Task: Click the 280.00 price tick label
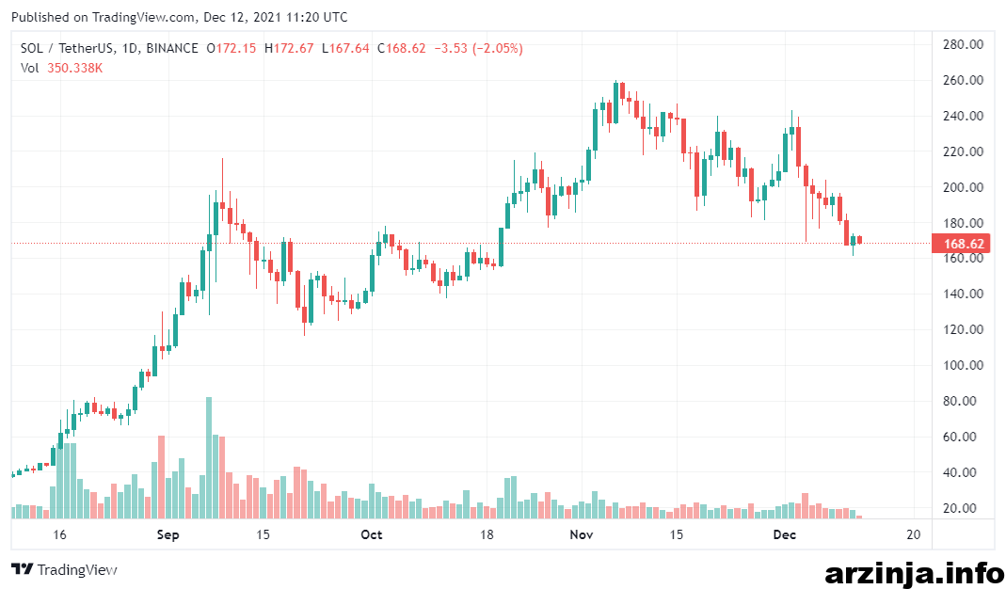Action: point(963,44)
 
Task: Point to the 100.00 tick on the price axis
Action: point(963,365)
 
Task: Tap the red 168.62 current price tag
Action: point(961,244)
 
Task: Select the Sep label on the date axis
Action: point(168,534)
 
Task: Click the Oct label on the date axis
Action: point(372,534)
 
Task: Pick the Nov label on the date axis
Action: point(582,534)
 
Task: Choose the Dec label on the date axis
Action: point(784,534)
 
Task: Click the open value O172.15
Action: point(231,48)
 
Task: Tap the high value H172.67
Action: point(289,48)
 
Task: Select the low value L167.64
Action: point(345,48)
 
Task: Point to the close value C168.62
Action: point(401,48)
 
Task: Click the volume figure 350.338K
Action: point(74,68)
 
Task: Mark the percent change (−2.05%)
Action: point(497,48)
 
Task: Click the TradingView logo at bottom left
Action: point(64,569)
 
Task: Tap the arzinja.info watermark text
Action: point(915,572)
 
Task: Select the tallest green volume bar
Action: point(209,457)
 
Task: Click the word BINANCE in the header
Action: point(172,48)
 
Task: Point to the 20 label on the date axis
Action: point(913,534)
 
